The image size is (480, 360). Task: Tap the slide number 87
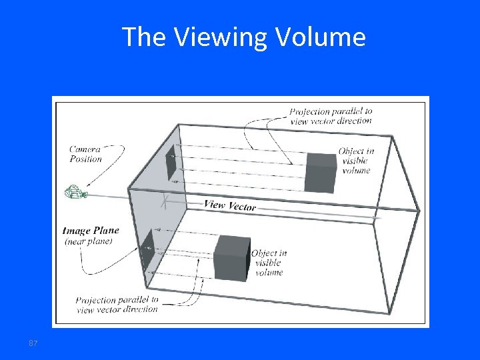(x=33, y=343)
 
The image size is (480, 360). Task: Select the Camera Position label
(x=86, y=154)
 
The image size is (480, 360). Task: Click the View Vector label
(x=229, y=205)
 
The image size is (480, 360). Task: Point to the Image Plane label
(x=91, y=231)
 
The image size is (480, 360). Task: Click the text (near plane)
(x=89, y=241)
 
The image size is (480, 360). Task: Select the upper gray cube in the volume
(x=321, y=172)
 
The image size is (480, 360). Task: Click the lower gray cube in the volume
(x=232, y=257)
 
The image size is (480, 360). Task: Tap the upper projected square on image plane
(x=171, y=162)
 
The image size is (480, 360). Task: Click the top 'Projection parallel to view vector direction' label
(x=331, y=115)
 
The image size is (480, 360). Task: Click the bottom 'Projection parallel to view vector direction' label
(x=117, y=305)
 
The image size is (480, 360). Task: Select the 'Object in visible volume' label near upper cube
(x=355, y=161)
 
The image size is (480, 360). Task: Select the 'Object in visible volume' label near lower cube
(x=269, y=262)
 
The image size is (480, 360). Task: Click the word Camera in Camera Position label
(x=85, y=149)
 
